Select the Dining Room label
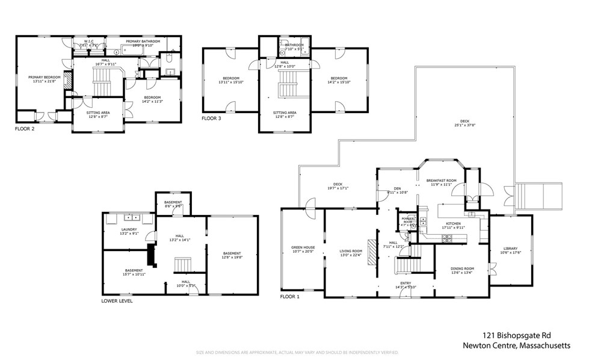click(463, 268)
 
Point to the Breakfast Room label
click(442, 181)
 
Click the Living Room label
click(351, 251)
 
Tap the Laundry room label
click(129, 229)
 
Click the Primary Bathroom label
click(143, 41)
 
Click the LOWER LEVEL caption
click(117, 300)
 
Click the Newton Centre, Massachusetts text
click(516, 346)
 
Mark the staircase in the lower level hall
click(182, 265)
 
